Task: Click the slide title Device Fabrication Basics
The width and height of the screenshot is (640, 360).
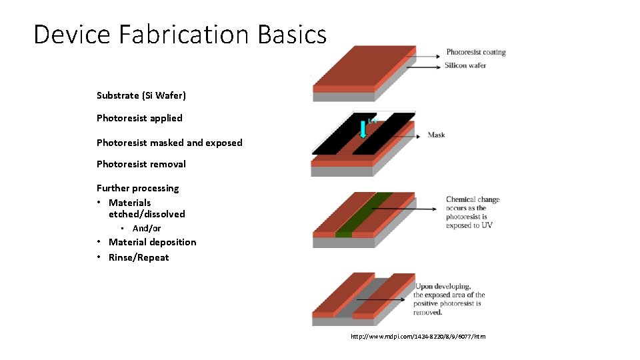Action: point(180,35)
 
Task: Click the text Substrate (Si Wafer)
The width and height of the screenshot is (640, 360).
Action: point(141,95)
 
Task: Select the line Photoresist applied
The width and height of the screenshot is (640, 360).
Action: point(139,118)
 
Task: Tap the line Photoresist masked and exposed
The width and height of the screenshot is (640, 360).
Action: point(169,143)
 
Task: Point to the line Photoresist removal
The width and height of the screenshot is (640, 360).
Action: point(141,164)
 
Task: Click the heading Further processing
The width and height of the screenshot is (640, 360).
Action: point(138,188)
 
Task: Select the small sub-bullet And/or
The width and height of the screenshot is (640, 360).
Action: point(147,229)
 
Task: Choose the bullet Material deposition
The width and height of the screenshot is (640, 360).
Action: point(152,242)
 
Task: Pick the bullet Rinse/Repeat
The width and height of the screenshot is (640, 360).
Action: point(139,257)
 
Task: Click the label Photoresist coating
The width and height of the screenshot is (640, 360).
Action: point(476,52)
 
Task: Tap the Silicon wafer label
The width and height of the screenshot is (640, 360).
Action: point(465,65)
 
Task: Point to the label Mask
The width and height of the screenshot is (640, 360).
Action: point(437,135)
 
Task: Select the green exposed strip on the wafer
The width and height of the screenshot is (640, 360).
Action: point(363,213)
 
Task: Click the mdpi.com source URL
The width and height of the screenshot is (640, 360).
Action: point(418,337)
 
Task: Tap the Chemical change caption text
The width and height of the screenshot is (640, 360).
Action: point(472,212)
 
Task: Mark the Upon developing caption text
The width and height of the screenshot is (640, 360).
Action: point(449,299)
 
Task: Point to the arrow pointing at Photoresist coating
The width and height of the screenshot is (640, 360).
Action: point(427,52)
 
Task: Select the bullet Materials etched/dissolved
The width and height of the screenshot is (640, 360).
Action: point(147,208)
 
